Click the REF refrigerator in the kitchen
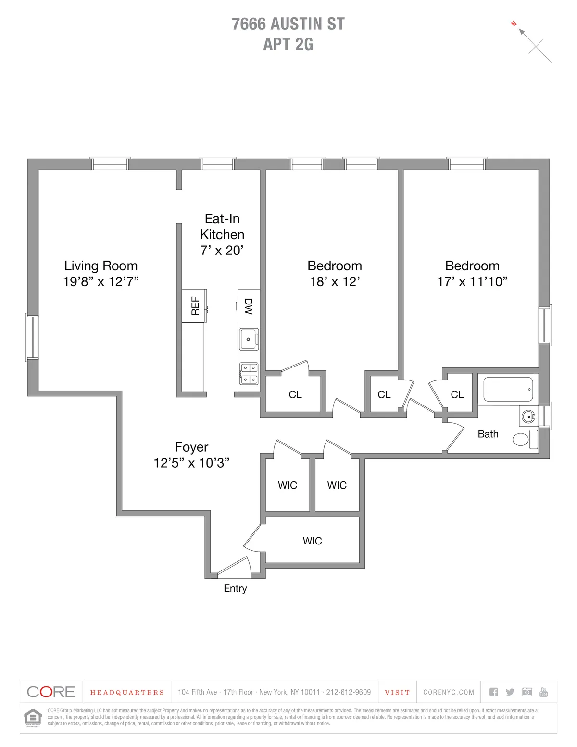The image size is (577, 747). pyautogui.click(x=194, y=306)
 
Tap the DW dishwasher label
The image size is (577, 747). pyautogui.click(x=249, y=306)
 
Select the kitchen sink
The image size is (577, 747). pyautogui.click(x=249, y=339)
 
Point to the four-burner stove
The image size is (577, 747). pyautogui.click(x=249, y=374)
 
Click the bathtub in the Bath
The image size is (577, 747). pyautogui.click(x=508, y=389)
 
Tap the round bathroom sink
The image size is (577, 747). pyautogui.click(x=528, y=416)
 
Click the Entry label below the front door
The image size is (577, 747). pyautogui.click(x=235, y=588)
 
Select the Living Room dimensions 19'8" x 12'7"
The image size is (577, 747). pyautogui.click(x=101, y=282)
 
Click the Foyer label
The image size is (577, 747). pyautogui.click(x=191, y=447)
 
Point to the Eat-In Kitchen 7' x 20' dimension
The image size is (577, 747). pyautogui.click(x=222, y=250)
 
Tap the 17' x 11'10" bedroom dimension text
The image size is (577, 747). pyautogui.click(x=472, y=282)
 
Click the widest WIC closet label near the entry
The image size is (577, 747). pyautogui.click(x=312, y=541)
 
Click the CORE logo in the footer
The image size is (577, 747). pyautogui.click(x=51, y=692)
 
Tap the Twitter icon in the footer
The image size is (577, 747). pyautogui.click(x=510, y=692)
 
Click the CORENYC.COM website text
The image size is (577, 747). pyautogui.click(x=449, y=692)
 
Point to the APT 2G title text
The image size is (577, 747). pyautogui.click(x=288, y=44)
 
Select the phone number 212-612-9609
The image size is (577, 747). pyautogui.click(x=348, y=692)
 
